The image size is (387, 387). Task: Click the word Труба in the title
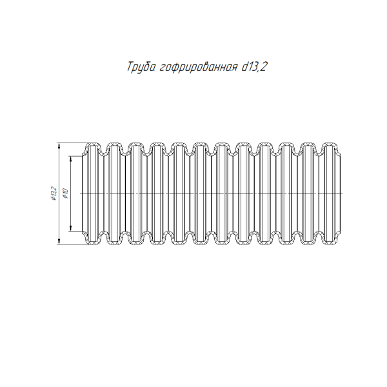click(x=141, y=67)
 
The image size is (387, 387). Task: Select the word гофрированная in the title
click(x=198, y=67)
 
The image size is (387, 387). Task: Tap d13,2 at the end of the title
click(x=254, y=66)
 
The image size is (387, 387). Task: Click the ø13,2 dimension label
click(x=54, y=193)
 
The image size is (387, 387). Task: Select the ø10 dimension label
click(x=65, y=193)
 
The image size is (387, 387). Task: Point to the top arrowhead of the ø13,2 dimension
click(x=59, y=146)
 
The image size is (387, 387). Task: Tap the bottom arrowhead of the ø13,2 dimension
click(x=59, y=242)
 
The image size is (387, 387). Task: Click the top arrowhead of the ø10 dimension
click(x=70, y=159)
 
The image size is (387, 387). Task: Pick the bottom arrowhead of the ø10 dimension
click(x=70, y=228)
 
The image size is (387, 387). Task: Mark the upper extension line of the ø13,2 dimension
click(x=72, y=143)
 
